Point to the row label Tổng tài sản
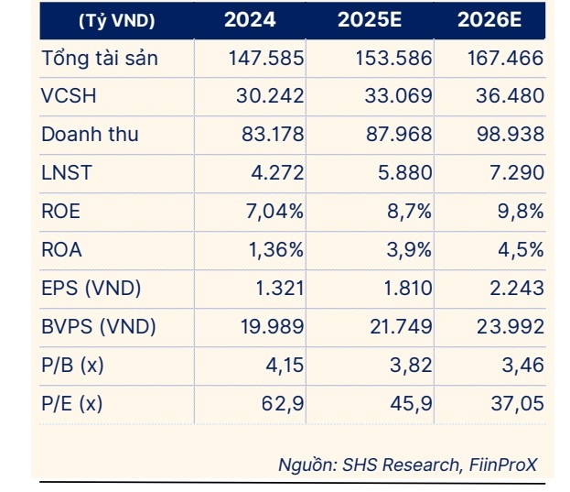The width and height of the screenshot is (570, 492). (x=100, y=59)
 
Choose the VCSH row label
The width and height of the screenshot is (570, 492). (x=69, y=96)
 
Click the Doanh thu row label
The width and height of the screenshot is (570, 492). (x=90, y=135)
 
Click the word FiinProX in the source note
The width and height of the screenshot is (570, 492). (x=503, y=465)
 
